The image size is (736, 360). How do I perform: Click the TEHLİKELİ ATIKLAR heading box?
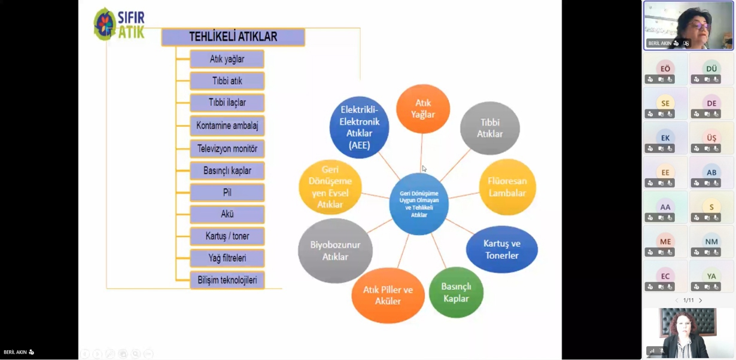point(233,37)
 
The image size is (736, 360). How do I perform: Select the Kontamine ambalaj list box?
point(227,126)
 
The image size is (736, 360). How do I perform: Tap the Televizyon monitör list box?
point(227,148)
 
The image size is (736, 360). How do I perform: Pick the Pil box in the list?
point(227,193)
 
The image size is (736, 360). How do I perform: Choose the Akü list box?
point(227,214)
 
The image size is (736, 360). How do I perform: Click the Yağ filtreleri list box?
point(227,258)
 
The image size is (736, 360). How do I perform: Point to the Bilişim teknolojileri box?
point(227,280)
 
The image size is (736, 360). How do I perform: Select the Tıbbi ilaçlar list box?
point(227,103)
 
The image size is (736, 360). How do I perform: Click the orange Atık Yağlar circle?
point(423,109)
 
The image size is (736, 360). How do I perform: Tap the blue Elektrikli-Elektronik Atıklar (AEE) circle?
point(359,127)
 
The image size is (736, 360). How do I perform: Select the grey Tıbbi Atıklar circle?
point(489,128)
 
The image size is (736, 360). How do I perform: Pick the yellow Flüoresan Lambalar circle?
point(507,187)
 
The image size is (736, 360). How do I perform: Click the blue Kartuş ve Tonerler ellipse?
point(501,249)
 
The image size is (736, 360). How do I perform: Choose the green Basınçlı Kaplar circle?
point(456,292)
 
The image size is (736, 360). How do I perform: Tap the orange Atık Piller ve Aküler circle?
point(388,295)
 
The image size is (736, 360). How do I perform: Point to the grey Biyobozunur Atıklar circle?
point(335,251)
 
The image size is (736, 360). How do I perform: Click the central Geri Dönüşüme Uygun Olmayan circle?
point(419,204)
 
